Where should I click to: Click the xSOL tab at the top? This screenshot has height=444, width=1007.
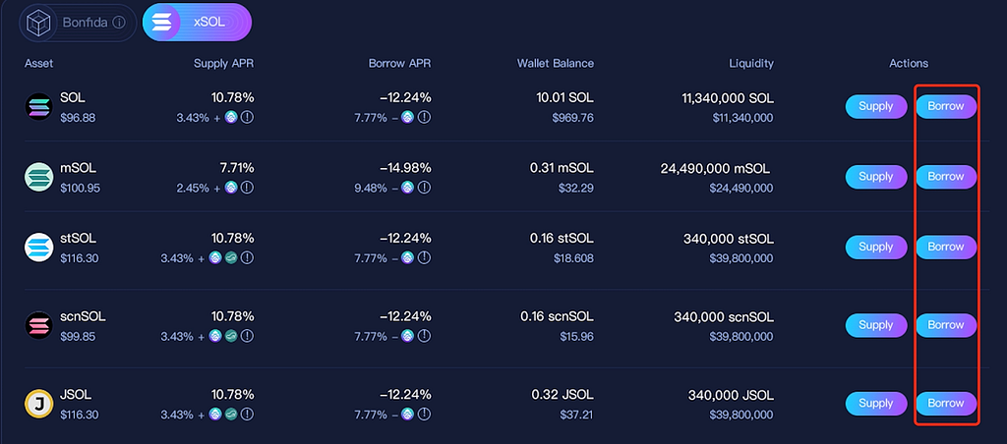tap(197, 22)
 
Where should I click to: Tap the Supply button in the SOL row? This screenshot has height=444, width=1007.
tap(876, 106)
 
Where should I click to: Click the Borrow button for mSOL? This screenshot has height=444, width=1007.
tap(946, 177)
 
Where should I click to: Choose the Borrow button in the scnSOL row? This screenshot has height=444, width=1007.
tap(946, 325)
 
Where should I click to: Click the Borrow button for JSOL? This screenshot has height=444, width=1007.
tap(946, 404)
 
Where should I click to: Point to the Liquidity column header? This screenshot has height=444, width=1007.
tap(751, 64)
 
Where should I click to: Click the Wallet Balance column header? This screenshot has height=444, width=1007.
tap(556, 64)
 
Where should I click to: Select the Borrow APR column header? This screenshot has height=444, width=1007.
tap(399, 64)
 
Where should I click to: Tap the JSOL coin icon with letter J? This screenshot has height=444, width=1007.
tap(38, 405)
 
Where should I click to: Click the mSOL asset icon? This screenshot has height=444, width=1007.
tap(38, 177)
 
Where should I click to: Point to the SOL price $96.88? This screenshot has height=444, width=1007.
tap(78, 118)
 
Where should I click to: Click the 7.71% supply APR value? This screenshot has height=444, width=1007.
tap(237, 168)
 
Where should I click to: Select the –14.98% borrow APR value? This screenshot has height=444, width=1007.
tap(405, 168)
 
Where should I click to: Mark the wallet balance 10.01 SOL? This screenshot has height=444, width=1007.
tap(564, 98)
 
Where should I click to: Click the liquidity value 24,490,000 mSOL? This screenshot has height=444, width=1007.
tap(715, 169)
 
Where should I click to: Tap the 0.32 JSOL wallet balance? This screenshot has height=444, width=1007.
tap(562, 395)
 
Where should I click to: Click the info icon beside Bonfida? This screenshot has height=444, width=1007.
tap(119, 23)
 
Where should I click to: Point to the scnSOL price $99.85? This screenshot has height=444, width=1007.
tap(78, 337)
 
